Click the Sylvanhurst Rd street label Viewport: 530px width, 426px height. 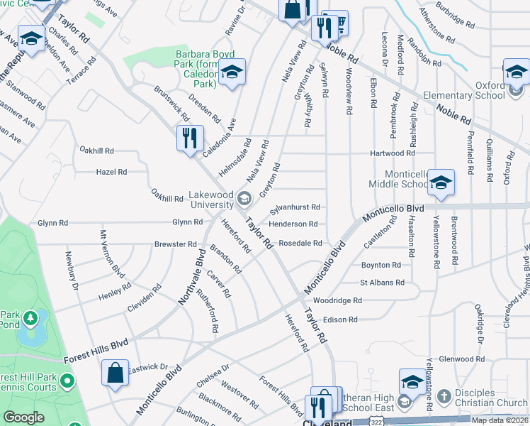point(295,207)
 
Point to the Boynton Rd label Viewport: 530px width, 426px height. point(380,265)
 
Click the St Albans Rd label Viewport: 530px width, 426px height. point(382,283)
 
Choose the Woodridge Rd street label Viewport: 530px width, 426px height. point(338,301)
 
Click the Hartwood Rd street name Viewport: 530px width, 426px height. point(392,153)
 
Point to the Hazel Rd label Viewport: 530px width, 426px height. point(111,172)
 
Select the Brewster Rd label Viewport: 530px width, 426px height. point(175,244)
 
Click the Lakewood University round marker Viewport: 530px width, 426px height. point(244,197)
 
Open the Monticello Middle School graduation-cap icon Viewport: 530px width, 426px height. point(441,184)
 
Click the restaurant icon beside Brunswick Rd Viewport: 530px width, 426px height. point(190,138)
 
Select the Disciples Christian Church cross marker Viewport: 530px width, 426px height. point(444,395)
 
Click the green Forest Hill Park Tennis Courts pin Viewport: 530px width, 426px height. point(68,382)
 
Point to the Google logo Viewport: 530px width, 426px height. point(23,418)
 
